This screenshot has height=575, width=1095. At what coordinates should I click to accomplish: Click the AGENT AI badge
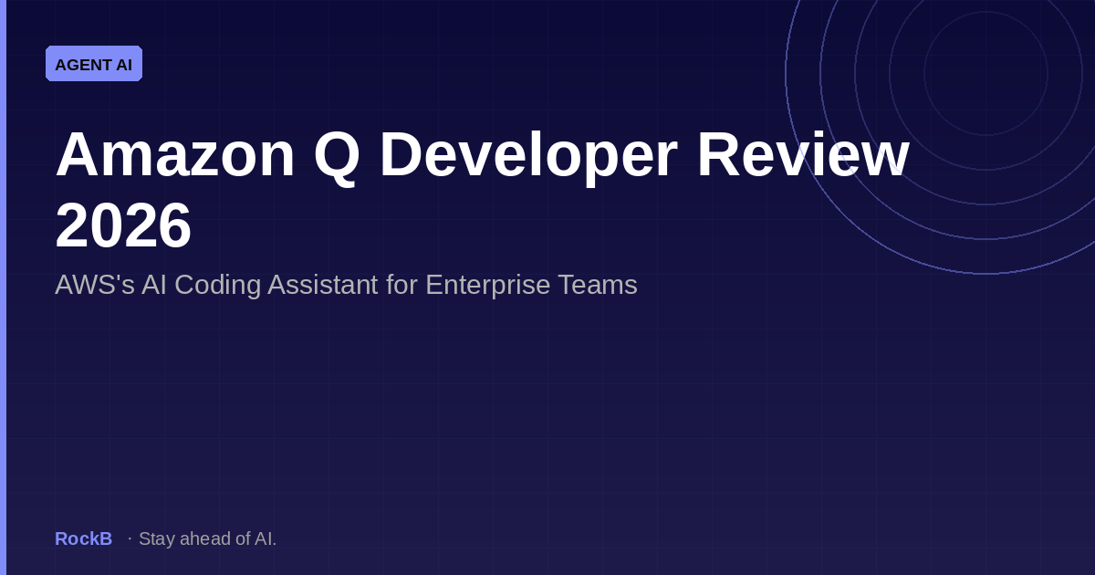tap(94, 64)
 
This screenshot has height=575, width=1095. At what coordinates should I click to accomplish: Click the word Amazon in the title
tap(175, 154)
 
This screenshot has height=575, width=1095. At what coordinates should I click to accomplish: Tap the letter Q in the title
tap(337, 157)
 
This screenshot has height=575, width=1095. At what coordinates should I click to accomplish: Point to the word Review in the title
tap(803, 154)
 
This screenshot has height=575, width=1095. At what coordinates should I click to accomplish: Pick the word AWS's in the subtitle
tap(94, 285)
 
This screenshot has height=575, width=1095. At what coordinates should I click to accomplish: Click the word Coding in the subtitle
tap(217, 286)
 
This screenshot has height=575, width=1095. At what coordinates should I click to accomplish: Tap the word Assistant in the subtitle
tap(323, 285)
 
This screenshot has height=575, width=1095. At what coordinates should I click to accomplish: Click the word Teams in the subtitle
tap(598, 285)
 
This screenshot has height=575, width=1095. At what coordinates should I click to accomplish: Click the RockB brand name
tap(84, 538)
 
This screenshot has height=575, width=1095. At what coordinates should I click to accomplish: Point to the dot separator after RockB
tap(130, 538)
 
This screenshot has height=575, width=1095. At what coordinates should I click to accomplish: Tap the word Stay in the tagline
tap(157, 539)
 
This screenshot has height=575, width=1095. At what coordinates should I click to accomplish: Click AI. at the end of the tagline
tap(265, 538)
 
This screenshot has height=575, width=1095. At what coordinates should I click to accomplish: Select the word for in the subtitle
tap(401, 285)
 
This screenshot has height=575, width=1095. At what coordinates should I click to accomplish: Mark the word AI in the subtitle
tap(154, 285)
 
